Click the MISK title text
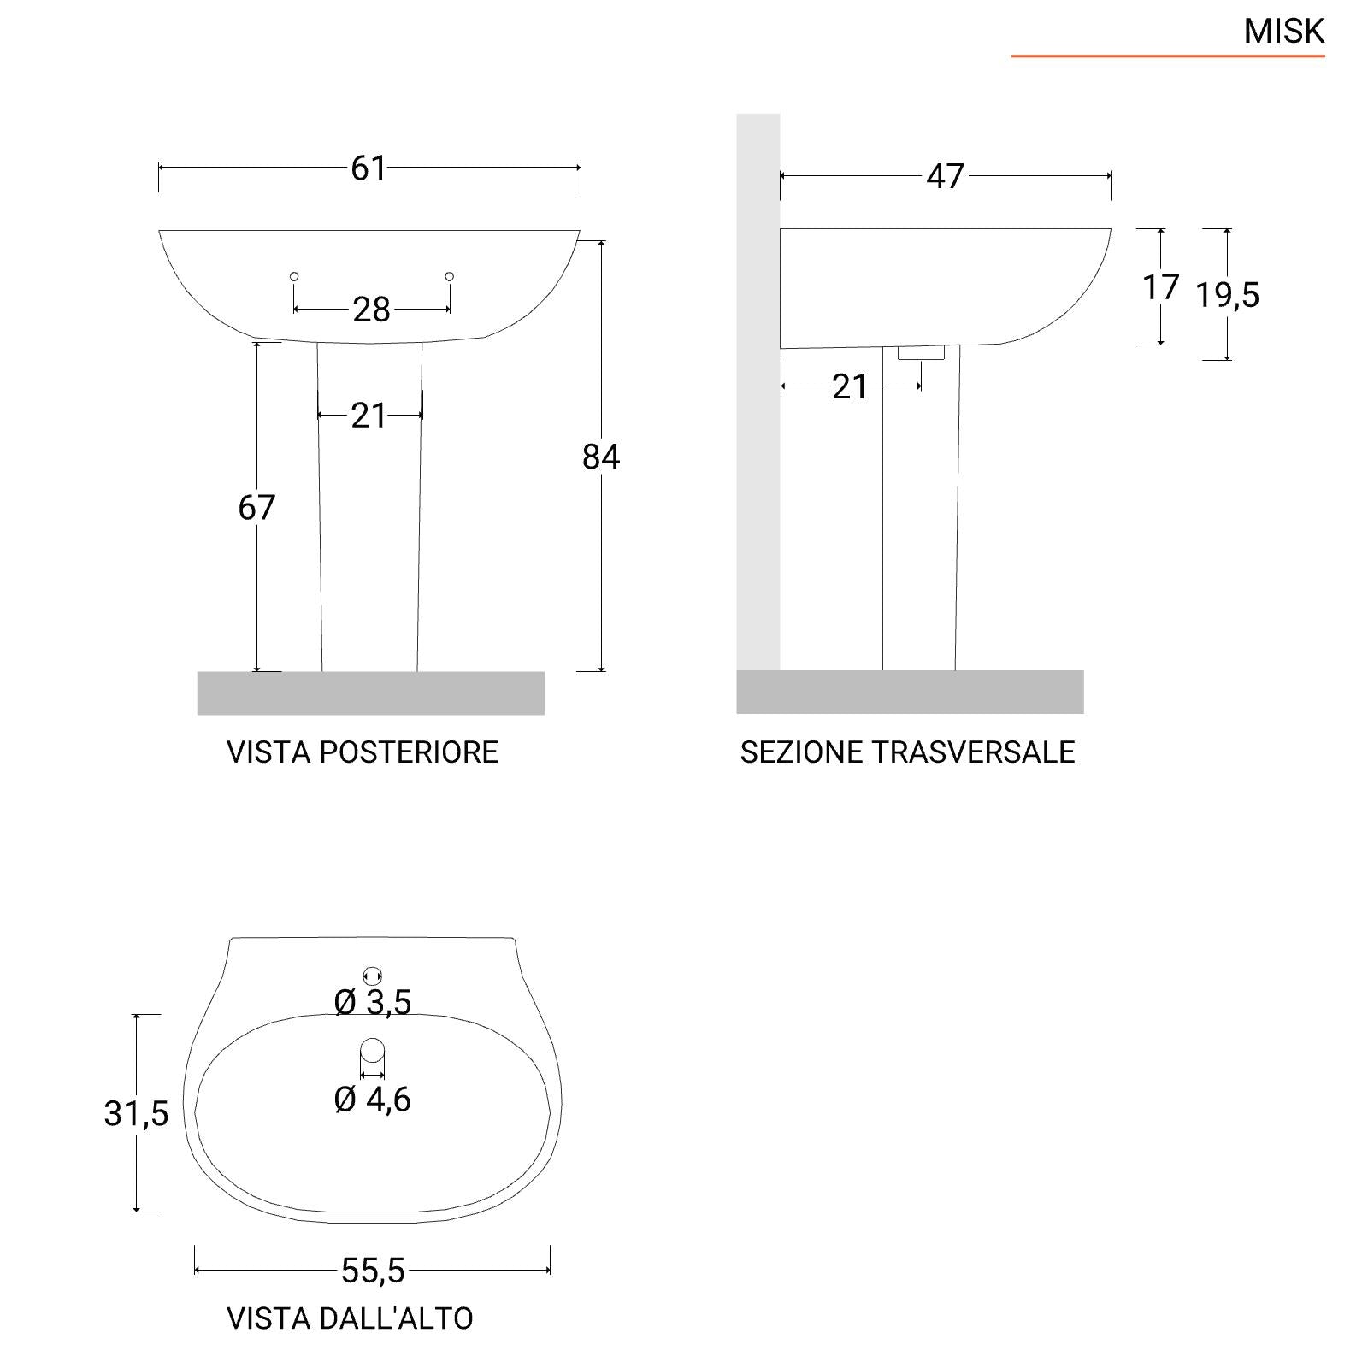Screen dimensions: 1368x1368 (1283, 31)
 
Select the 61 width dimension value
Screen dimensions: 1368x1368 (369, 168)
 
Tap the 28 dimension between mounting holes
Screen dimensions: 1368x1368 (371, 310)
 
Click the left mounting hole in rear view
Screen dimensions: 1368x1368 (294, 276)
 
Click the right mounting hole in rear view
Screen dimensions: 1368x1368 (450, 276)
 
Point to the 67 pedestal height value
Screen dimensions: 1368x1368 (256, 508)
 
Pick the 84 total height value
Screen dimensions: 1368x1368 (601, 457)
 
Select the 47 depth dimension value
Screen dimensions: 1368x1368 (945, 176)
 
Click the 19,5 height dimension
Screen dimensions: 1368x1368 (1227, 295)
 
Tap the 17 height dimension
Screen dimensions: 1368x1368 (1160, 287)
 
